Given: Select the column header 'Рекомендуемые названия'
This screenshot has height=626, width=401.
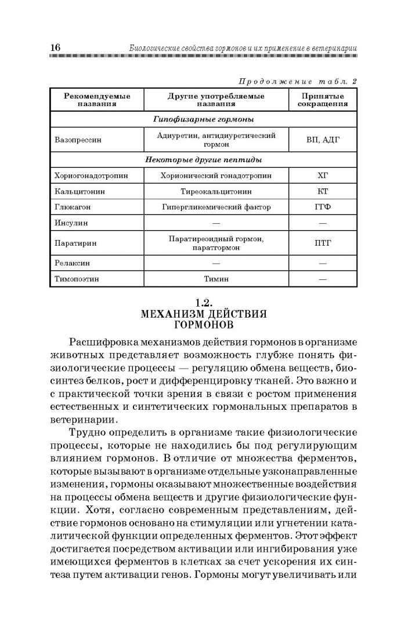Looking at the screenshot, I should coord(97,100).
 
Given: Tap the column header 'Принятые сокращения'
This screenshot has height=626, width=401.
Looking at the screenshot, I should coord(323,100).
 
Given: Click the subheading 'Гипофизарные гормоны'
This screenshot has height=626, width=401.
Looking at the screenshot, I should coord(203,119).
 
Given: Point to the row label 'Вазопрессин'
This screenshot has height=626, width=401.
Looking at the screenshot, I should coord(78,140).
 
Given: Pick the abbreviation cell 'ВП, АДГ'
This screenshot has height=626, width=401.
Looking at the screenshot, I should coord(323,140).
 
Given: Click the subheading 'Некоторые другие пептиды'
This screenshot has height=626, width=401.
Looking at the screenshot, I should coord(203,159).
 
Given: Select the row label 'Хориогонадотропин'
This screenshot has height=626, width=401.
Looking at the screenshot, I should coord(91,175).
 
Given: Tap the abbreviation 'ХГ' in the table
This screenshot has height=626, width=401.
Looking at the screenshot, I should coord(323,175).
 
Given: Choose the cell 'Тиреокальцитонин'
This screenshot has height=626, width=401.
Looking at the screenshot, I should coord(216,191).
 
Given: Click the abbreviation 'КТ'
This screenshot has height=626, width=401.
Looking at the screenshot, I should coord(323,191).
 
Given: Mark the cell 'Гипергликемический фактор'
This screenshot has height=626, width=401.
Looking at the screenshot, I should coord(216,207).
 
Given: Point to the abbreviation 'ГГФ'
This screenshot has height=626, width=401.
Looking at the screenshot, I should coord(323,207).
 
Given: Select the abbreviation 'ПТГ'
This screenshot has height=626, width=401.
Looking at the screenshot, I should coord(323,243).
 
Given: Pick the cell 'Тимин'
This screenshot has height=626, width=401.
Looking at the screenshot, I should coord(216,279).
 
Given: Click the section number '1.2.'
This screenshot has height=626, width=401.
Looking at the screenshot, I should coord(204,303).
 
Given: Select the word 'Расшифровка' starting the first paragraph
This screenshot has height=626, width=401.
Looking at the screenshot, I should coord(104,342).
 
